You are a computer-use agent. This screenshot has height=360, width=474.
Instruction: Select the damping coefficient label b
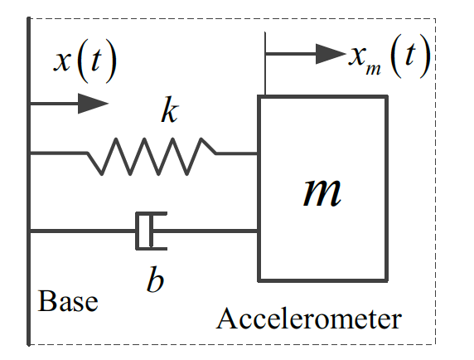click(x=155, y=279)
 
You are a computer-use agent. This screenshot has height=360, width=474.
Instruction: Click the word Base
click(x=68, y=300)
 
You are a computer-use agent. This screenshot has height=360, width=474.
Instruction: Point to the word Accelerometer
click(x=309, y=319)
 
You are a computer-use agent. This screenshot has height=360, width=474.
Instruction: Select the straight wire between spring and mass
click(x=237, y=153)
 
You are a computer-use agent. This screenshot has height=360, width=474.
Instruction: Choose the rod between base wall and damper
click(x=83, y=231)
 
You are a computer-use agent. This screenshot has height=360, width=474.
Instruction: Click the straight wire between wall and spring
click(x=58, y=153)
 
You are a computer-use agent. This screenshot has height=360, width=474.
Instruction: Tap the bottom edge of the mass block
click(x=322, y=280)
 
